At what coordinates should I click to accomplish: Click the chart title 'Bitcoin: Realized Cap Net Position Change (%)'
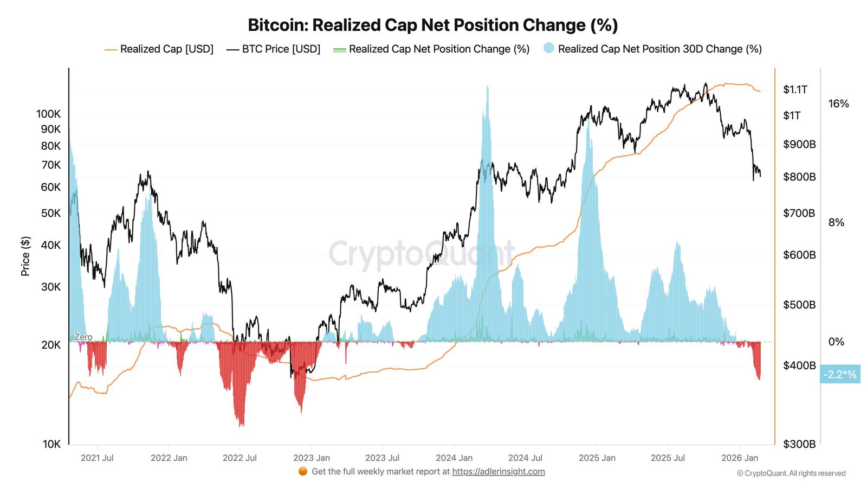[432, 25]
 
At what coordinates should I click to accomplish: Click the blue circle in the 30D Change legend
[548, 48]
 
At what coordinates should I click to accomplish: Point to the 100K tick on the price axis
[48, 114]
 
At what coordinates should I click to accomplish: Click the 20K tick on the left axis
[51, 345]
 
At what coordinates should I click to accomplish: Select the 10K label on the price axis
[51, 444]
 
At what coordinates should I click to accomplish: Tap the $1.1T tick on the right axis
[795, 89]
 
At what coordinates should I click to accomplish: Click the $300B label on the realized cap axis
[799, 444]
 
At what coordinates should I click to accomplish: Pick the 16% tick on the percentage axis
[838, 104]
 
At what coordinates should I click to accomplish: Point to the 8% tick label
[836, 222]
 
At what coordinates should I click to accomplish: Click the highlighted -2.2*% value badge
[839, 374]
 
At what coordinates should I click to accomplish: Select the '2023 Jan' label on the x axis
[311, 458]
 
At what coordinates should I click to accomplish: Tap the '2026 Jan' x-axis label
[740, 458]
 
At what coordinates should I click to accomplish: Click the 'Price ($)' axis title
[25, 256]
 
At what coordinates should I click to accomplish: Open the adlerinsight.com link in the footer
[498, 471]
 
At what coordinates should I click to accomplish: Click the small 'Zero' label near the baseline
[83, 337]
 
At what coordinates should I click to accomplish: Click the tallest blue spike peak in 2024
[488, 87]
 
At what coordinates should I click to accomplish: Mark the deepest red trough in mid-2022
[241, 426]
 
